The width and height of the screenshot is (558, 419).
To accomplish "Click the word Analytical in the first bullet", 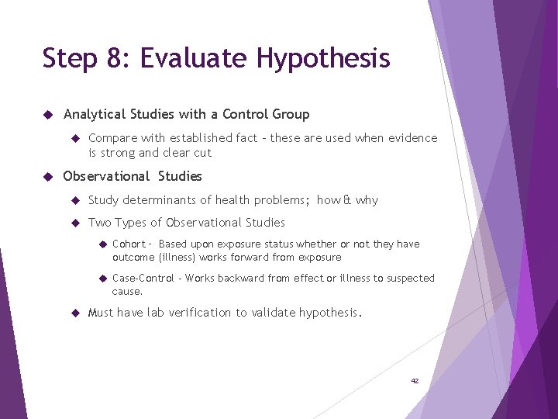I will pyautogui.click(x=95, y=115).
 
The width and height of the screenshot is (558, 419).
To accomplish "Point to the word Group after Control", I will pyautogui.click(x=291, y=114).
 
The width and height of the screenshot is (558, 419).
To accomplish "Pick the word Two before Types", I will pyautogui.click(x=99, y=223).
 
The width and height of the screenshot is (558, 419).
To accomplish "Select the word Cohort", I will pyautogui.click(x=129, y=244).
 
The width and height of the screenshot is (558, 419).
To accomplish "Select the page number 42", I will pyautogui.click(x=415, y=381).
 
